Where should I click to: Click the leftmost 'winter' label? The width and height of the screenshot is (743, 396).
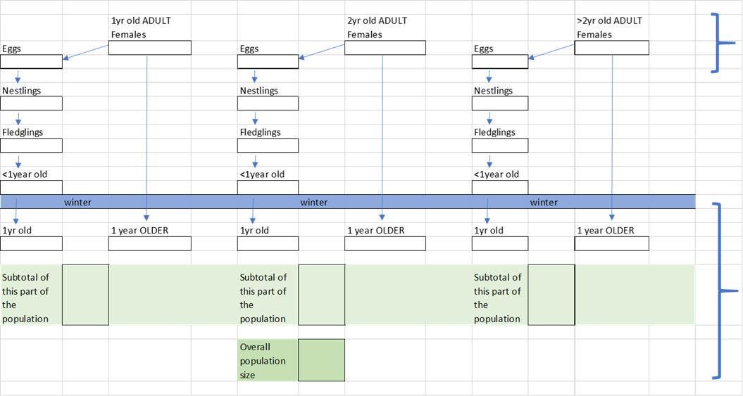pos(77,203)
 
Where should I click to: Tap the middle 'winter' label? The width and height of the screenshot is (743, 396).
pos(313,203)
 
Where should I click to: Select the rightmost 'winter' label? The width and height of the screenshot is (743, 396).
pos(544,203)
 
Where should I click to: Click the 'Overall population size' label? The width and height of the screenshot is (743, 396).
pos(263,361)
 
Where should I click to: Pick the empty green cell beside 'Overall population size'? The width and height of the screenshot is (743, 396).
pos(322,360)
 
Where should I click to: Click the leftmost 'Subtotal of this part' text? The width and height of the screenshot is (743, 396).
pos(25,298)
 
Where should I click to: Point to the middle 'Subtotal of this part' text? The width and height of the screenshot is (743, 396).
pos(263,298)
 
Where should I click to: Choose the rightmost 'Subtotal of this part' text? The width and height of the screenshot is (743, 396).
pos(497,298)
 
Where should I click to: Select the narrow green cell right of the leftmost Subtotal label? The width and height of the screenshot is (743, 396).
pos(85,295)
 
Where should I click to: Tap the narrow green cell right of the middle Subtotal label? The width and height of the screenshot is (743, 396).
pos(322,295)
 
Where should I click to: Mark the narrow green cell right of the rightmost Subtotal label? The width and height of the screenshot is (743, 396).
pos(551,295)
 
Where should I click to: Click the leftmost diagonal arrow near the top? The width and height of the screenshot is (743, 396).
pos(85,52)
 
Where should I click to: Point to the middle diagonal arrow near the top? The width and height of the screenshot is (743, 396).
pos(322,52)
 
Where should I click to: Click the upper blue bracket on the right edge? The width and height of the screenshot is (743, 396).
pos(718,43)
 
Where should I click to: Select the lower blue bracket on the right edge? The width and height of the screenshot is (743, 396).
pos(719,290)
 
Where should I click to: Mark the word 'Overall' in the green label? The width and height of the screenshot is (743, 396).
pos(255,347)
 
